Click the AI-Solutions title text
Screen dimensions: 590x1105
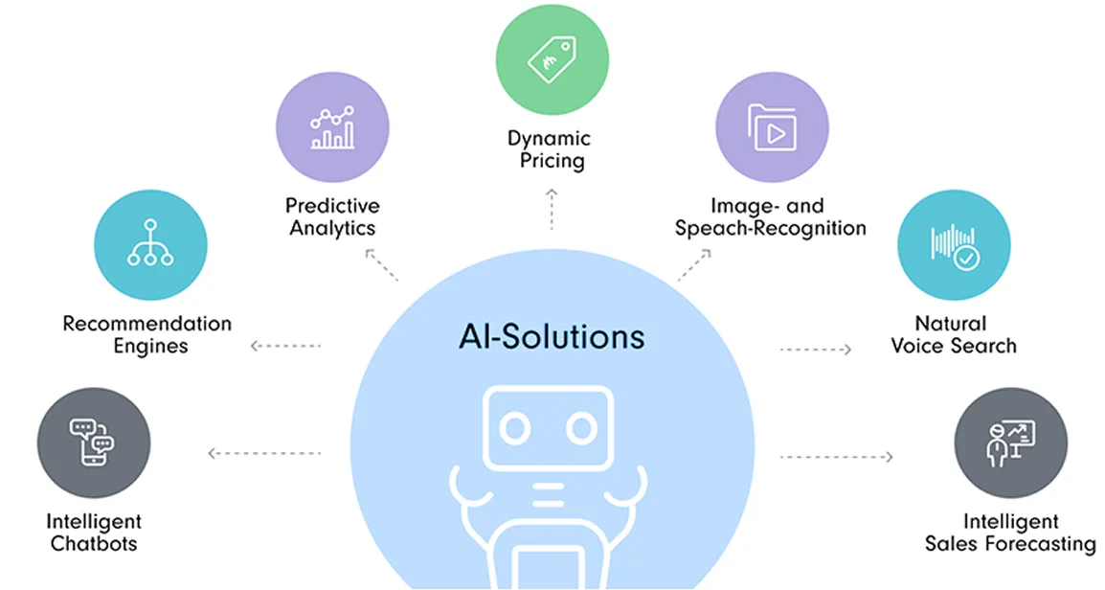551,337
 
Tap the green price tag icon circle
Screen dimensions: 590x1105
552,59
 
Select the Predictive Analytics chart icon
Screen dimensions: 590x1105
332,128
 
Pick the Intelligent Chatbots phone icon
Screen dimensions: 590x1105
93,442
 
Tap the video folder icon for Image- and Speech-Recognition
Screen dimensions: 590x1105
772,128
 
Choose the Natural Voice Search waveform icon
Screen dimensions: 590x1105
953,244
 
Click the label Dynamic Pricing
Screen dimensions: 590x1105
550,150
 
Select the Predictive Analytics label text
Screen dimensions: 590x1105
332,217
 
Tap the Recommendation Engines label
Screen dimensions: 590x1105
147,335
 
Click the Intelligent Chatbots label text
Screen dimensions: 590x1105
94,533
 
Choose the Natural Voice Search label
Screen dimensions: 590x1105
954,334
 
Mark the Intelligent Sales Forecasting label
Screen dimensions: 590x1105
1010,533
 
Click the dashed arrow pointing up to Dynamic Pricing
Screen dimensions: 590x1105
552,207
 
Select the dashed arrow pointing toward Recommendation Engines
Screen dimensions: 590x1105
285,346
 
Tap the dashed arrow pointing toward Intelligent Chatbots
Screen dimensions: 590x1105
263,453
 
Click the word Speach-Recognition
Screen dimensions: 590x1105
771,229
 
